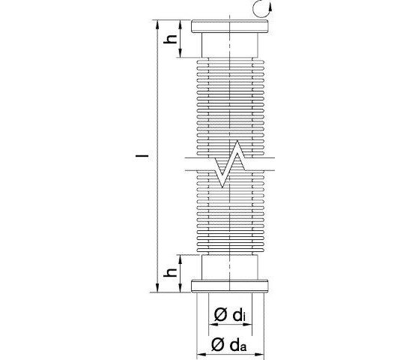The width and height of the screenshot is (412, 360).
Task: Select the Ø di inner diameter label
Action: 230,316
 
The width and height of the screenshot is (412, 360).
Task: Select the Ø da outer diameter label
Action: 230,344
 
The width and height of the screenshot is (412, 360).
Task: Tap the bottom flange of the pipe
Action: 230,285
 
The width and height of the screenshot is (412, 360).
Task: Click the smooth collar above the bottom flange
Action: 230,266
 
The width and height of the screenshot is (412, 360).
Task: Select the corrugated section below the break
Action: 230,217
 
